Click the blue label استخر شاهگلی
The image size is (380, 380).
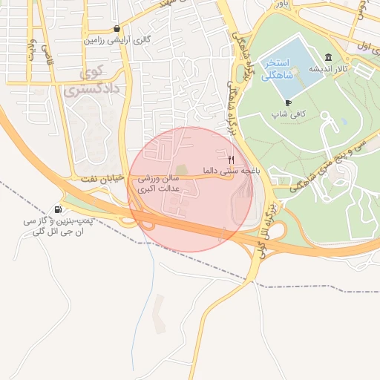[x=281, y=70]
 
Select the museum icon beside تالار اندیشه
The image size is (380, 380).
[x=328, y=58]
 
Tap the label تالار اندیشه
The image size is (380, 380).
[x=329, y=69]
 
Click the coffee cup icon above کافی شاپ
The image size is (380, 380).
[x=288, y=102]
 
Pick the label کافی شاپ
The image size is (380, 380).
[x=288, y=114]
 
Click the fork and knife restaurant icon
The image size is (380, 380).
[x=231, y=159]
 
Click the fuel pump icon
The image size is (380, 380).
[x=59, y=209]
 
